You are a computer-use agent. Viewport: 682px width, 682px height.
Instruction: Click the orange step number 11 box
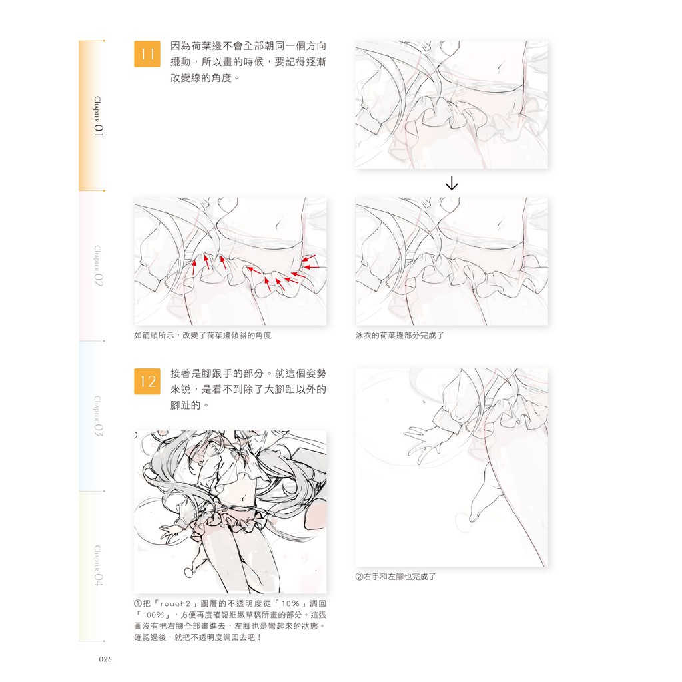click(x=147, y=54)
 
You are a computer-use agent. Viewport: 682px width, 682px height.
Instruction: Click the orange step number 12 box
click(x=147, y=381)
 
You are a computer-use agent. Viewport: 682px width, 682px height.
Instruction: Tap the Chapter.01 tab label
click(x=99, y=116)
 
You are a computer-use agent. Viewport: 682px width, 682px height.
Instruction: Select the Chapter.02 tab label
click(x=99, y=266)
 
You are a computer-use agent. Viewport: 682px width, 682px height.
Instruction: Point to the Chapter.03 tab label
click(x=99, y=416)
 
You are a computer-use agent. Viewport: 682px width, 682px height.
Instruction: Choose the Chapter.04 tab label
click(x=99, y=566)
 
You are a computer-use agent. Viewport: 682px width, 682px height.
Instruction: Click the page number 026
click(x=105, y=659)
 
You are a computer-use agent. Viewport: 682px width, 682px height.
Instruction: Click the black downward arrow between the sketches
click(x=452, y=183)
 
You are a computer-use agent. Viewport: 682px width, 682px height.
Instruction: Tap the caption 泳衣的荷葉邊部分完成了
click(x=400, y=336)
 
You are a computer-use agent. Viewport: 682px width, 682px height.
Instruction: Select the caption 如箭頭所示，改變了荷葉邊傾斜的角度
click(x=202, y=336)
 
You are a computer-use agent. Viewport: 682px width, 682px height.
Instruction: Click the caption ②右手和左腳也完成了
click(x=396, y=577)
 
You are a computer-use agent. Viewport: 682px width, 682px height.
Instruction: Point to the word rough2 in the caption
click(x=175, y=603)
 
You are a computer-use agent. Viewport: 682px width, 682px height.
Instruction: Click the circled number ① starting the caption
click(x=138, y=603)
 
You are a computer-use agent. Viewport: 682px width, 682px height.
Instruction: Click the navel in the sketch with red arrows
click(x=279, y=225)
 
